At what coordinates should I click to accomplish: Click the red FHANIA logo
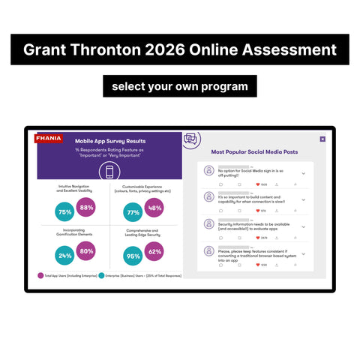click(49, 139)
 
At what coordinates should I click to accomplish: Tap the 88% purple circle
click(87, 208)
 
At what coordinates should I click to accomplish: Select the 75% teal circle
click(64, 212)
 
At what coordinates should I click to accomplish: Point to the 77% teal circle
click(133, 212)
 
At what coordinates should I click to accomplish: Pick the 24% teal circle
click(64, 256)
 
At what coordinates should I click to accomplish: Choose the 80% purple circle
click(87, 251)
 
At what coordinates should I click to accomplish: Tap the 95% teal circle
click(133, 256)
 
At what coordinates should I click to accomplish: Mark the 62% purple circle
click(155, 251)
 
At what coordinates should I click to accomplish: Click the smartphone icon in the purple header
click(110, 171)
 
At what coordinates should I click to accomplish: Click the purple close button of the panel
click(322, 139)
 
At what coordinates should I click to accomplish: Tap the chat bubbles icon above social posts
click(190, 139)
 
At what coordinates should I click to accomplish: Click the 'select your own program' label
click(180, 86)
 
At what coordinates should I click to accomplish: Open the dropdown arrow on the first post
click(304, 173)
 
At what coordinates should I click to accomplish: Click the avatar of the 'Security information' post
click(208, 223)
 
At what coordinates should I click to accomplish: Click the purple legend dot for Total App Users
click(40, 276)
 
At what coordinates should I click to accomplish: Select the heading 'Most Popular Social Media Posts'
click(254, 151)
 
